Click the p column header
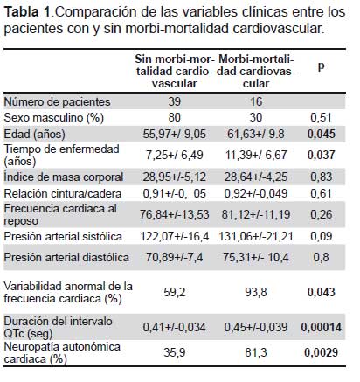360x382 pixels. pos(321,66)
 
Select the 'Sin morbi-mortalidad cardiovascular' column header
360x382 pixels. pos(175,72)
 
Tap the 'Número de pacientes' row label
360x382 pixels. pos(57,101)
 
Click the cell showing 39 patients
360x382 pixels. pos(174,101)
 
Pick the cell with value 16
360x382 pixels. pos(256,101)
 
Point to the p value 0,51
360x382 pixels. pos(321,117)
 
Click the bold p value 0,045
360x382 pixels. pos(322,134)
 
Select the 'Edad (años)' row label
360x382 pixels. pos(34,135)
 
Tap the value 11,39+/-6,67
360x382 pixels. pos(256,155)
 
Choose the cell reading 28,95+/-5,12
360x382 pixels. pos(174,177)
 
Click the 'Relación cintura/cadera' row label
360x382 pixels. pos(63,193)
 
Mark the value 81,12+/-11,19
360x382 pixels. pos(256,215)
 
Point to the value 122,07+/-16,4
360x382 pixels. pos(175,236)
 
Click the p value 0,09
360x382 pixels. pos(321,236)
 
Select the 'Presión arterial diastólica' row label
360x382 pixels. pos(66,258)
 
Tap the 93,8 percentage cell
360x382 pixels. pos(256,292)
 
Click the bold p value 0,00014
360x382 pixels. pos(322,327)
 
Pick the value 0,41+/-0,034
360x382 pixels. pos(174,327)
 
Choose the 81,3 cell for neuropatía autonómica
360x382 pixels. pos(256,353)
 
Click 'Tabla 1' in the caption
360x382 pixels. pos(28,12)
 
